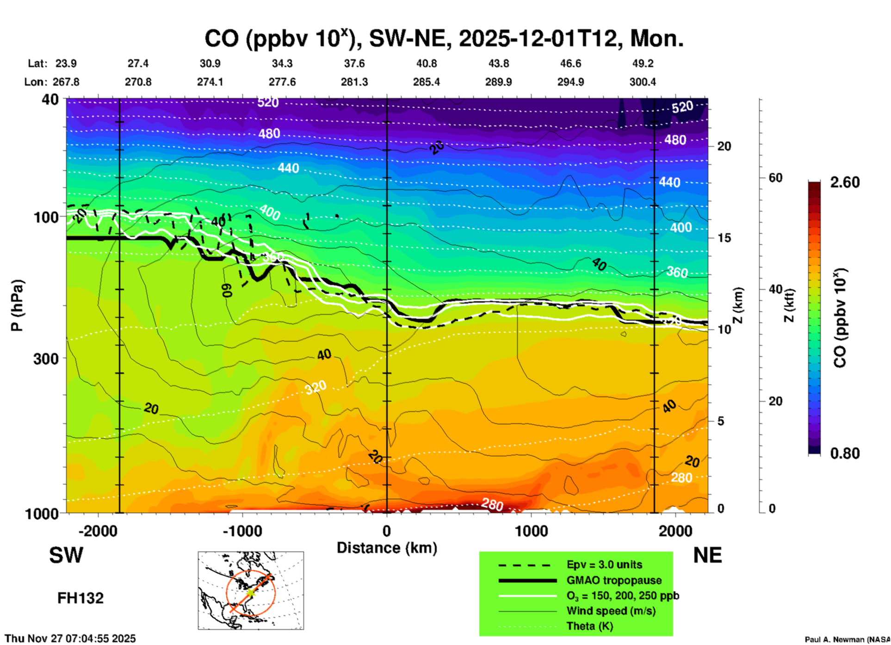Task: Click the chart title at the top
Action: tap(444, 39)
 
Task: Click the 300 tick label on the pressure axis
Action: tap(46, 359)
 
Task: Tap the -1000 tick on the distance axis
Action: tap(242, 531)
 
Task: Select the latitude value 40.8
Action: tap(426, 63)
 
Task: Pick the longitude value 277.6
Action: tap(282, 82)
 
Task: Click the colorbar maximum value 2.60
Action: tap(845, 182)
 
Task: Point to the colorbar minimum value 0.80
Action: tap(845, 453)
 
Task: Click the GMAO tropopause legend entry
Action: tap(614, 580)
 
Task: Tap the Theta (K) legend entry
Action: tap(589, 626)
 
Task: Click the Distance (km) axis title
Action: tap(387, 548)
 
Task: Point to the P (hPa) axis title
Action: tap(17, 305)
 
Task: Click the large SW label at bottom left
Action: tap(66, 555)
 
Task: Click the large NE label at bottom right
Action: tap(707, 555)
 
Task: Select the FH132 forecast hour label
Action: tap(80, 598)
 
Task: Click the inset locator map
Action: tap(251, 590)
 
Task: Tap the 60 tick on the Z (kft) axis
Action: tap(775, 178)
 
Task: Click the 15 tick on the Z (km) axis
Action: tap(724, 238)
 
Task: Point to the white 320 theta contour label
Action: tap(316, 387)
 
